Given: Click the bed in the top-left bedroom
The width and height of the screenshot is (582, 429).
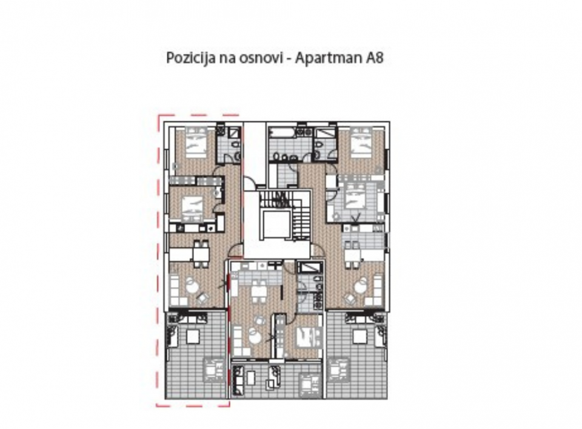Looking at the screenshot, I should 195,143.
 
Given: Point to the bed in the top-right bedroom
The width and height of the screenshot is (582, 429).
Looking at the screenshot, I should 362,143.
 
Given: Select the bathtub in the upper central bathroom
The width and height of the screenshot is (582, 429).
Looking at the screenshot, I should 282,133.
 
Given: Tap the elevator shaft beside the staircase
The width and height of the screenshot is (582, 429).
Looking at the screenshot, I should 276,227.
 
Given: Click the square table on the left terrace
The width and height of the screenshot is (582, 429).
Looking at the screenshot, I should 195,336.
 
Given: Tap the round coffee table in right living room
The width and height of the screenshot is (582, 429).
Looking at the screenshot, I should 362,285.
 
